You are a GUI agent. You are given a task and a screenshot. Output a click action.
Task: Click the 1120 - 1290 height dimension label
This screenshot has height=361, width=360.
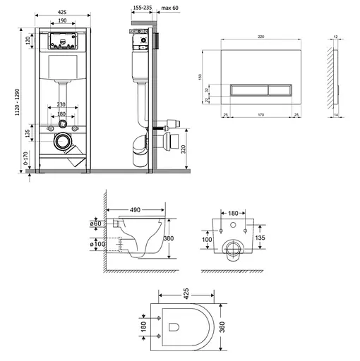(x=17, y=102)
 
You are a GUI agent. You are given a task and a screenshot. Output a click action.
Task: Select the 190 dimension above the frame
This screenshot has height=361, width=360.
(x=62, y=20)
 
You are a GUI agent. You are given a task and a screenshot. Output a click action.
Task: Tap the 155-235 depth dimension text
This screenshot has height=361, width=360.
(x=143, y=8)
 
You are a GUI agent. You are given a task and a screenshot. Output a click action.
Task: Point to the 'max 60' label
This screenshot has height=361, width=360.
(x=169, y=8)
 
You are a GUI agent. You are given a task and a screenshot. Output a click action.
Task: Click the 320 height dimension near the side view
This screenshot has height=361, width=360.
(x=184, y=149)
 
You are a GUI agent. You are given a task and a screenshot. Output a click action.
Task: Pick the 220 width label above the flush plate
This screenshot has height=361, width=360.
(x=261, y=37)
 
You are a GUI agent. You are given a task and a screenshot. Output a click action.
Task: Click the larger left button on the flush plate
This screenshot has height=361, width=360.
(x=249, y=90)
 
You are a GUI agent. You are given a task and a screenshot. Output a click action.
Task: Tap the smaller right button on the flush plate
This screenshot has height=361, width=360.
(x=280, y=90)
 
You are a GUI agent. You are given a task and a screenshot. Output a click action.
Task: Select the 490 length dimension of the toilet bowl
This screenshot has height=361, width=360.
(x=135, y=210)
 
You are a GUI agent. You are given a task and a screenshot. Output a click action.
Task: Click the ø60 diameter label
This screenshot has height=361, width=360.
(x=96, y=224)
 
